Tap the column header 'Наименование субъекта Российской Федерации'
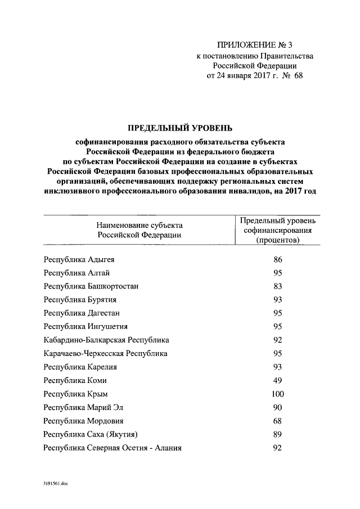(x=139, y=230)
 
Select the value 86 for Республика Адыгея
(x=277, y=260)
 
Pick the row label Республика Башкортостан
(x=91, y=286)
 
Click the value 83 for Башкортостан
(x=277, y=286)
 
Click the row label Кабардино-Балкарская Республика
(x=106, y=340)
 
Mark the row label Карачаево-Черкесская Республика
(x=106, y=353)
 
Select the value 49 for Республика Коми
(x=277, y=380)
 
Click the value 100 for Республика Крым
(x=277, y=393)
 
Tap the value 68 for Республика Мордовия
(x=277, y=420)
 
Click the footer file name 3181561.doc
(x=56, y=484)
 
